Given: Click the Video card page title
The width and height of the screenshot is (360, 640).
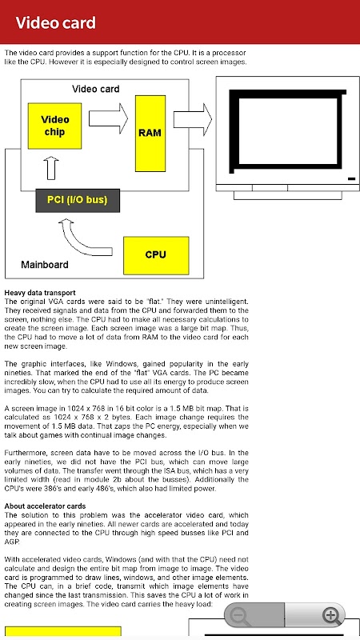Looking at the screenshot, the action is coord(55,23).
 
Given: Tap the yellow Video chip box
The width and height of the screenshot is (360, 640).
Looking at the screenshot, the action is coord(54,126).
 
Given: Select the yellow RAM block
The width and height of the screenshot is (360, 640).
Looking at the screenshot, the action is coord(150,134).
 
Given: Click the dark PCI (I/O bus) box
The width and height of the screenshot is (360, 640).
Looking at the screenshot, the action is coord(78,201).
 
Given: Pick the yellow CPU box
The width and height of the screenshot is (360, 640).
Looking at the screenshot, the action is coord(156,255).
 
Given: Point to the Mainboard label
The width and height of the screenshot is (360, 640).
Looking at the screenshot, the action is coord(45,265).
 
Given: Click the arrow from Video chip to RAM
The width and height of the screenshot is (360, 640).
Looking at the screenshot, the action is coord(108,118).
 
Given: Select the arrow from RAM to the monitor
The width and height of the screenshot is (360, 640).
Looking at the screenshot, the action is coord(193,118).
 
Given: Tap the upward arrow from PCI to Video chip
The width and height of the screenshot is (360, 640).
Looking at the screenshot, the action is coord(51,168).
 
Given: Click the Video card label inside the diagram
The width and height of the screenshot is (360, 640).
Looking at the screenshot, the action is coord(95,89).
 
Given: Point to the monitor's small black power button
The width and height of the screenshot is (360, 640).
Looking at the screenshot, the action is coord(351,178).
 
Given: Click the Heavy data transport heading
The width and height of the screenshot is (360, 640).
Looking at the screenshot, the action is coord(39,293).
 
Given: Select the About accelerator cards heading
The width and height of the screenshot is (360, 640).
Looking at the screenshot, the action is coord(45,506).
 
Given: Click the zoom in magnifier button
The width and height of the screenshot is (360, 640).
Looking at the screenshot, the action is coord(331,615).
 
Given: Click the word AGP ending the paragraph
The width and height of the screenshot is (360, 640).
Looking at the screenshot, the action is coord(11,542).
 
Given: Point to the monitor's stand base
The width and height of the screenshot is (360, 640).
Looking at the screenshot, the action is coord(288,195).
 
